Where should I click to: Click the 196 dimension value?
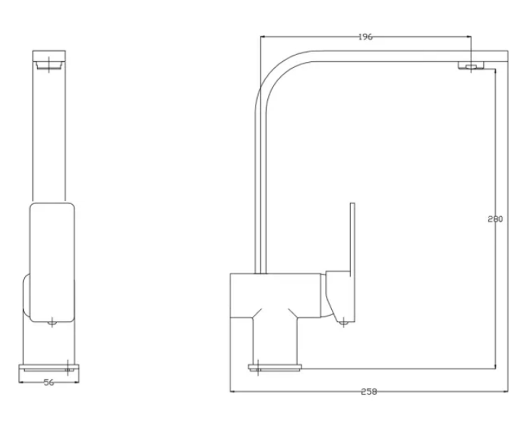coord(365,37)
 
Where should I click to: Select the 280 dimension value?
coord(495,219)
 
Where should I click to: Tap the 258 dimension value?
coord(369,391)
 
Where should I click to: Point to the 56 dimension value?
coord(49,382)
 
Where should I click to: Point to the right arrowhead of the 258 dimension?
coord(506,391)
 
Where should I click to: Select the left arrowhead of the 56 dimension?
coord(21,382)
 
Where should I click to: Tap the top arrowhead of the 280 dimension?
coord(495,71)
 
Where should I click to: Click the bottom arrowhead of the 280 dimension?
coord(495,366)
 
